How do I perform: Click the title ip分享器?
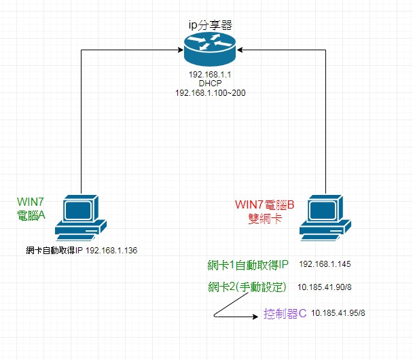(x=210, y=24)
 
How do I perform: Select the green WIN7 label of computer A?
(x=30, y=202)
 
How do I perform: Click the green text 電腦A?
(x=30, y=215)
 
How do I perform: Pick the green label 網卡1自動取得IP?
(x=248, y=264)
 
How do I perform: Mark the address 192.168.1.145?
(x=325, y=264)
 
